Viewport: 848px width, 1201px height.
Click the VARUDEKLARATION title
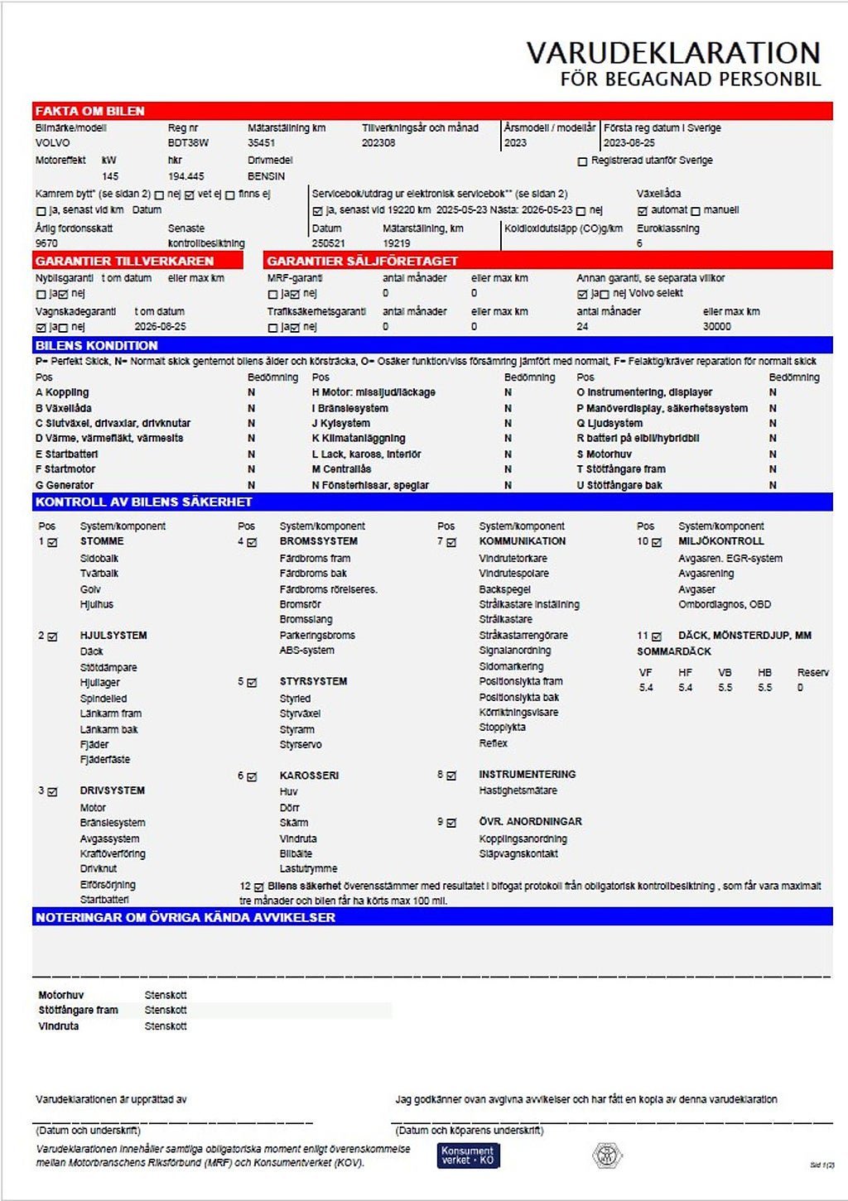[672, 53]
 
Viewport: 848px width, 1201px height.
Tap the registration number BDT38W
[188, 143]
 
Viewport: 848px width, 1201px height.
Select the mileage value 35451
[262, 143]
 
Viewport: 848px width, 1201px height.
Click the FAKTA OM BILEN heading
[90, 111]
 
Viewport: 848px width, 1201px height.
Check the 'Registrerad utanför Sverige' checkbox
[582, 161]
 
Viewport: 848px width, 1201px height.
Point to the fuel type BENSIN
[266, 176]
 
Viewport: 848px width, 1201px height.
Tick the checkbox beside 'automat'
[643, 211]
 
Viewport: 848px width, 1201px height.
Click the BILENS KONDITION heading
[97, 345]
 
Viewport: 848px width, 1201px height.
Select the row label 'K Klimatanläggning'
[359, 439]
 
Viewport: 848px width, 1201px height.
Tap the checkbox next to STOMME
[53, 543]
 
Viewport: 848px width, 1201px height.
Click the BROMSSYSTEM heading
[318, 541]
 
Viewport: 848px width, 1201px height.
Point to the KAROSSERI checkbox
[252, 777]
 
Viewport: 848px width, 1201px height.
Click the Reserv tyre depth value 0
[800, 688]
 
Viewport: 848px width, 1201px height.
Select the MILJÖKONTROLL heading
[720, 541]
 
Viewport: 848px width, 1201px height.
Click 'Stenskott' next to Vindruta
[166, 1026]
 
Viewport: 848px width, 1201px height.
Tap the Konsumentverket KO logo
[468, 1155]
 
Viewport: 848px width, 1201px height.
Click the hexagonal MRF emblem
[607, 1155]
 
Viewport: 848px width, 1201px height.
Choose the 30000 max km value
[716, 327]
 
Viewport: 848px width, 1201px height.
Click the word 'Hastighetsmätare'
[518, 791]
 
